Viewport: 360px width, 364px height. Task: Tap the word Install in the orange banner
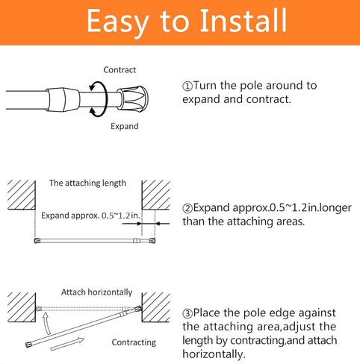pyautogui.click(x=238, y=22)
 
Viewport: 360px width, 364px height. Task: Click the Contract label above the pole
pyautogui.click(x=119, y=70)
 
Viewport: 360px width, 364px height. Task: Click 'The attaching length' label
pyautogui.click(x=87, y=183)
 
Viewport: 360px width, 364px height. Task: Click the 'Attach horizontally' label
pyautogui.click(x=96, y=292)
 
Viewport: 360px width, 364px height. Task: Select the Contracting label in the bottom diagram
pyautogui.click(x=133, y=342)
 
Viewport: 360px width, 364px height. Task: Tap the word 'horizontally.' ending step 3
pyautogui.click(x=217, y=355)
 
